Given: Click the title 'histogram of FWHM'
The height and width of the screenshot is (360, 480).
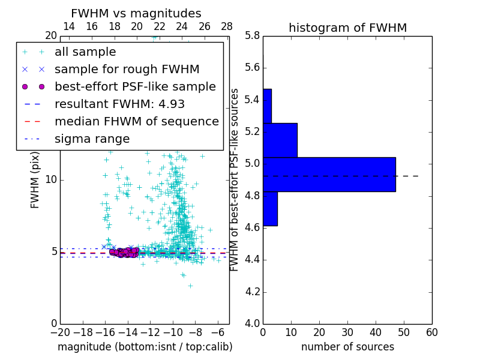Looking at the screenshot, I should click(x=347, y=28).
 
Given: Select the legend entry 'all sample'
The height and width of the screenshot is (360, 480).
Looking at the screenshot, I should click(x=85, y=52).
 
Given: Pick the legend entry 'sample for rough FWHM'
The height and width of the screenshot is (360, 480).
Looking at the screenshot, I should click(x=127, y=70).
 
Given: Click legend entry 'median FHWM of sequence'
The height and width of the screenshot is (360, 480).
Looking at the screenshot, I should click(x=136, y=122).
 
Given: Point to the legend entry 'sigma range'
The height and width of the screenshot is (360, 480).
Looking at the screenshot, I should click(x=92, y=139).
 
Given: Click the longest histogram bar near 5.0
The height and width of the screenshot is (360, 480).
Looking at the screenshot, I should click(x=329, y=174).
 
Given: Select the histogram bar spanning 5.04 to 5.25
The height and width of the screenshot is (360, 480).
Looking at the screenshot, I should click(x=280, y=140).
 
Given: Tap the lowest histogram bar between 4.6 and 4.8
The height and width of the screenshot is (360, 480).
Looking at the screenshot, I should click(x=270, y=209).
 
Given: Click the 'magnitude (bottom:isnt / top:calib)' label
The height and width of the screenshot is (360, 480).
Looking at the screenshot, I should click(x=145, y=347).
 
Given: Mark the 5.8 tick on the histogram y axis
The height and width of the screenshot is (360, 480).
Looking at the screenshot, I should click(x=252, y=36).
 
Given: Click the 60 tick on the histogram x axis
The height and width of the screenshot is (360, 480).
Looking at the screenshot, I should click(x=431, y=332).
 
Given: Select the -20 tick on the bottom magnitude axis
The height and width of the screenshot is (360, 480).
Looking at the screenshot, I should click(x=60, y=332).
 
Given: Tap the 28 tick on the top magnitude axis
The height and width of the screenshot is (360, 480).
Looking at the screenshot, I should click(x=227, y=26).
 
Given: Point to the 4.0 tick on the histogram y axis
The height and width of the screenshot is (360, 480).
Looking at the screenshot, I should click(x=252, y=324).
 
